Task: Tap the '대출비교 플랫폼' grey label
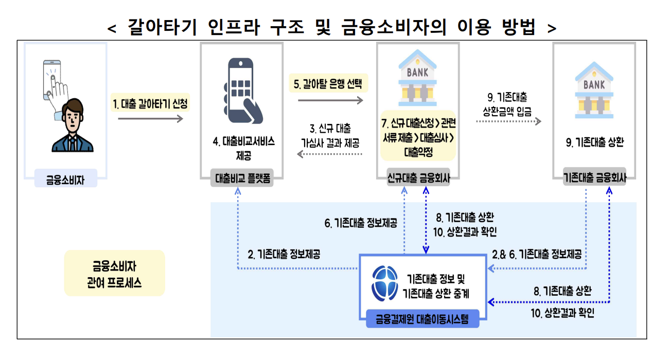pos(242,179)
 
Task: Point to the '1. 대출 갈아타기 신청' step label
pos(150,104)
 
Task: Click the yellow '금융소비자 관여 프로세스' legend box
pos(114,273)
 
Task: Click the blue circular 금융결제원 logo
pos(385,283)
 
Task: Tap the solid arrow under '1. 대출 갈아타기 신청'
pos(150,119)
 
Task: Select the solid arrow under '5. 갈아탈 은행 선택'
pos(330,100)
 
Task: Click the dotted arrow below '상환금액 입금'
pos(507,121)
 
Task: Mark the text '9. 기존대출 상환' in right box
pos(594,143)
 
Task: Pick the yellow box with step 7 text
pos(418,135)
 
